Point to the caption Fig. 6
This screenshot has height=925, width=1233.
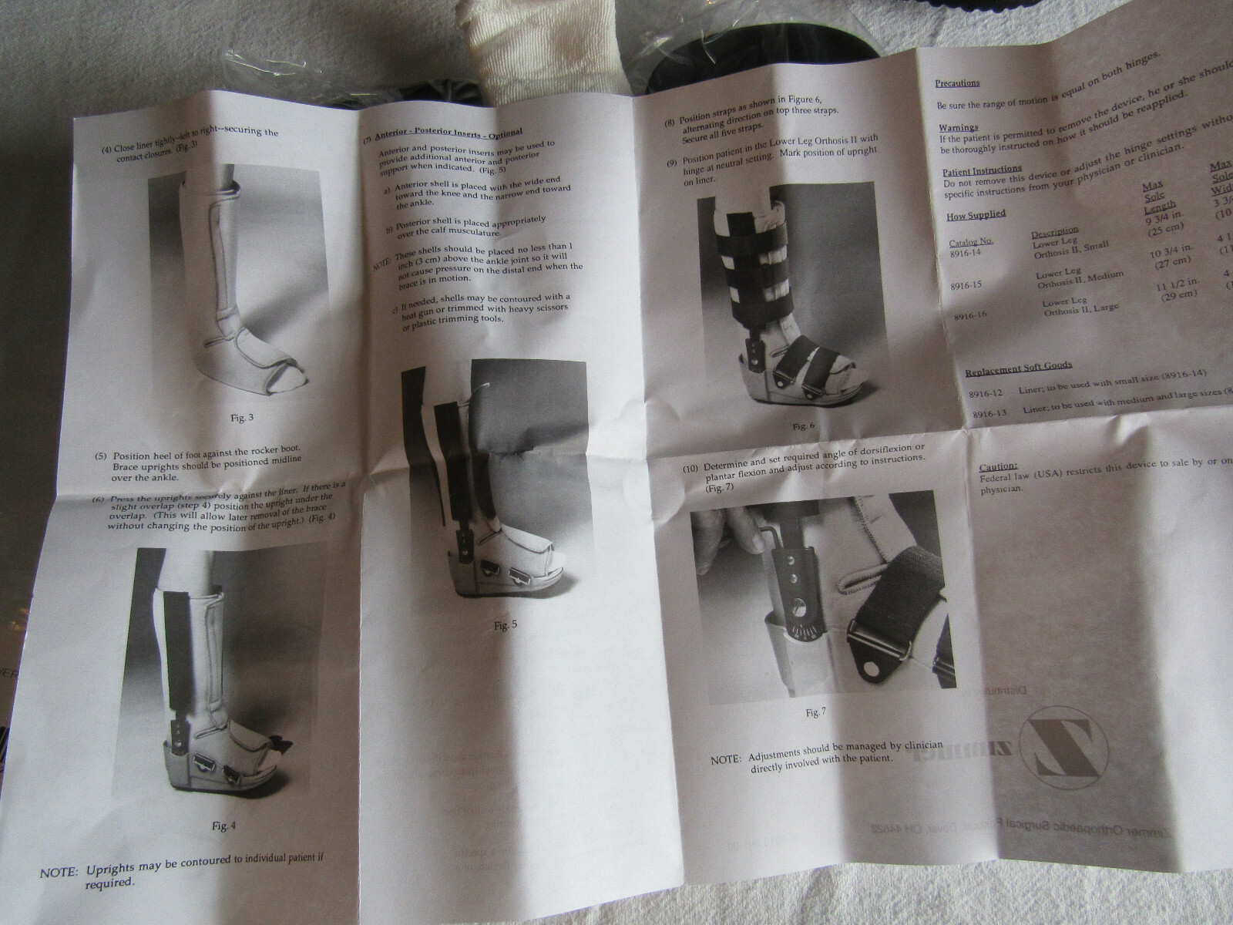click(x=803, y=426)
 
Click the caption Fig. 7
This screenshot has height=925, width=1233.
click(x=815, y=712)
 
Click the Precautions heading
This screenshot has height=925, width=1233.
click(x=957, y=83)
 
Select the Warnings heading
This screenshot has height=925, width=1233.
click(x=958, y=127)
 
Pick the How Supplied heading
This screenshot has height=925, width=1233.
click(x=976, y=215)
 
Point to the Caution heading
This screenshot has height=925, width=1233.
click(x=998, y=466)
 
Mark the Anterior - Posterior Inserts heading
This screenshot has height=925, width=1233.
click(x=448, y=132)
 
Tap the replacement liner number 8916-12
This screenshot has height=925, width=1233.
click(x=986, y=394)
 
